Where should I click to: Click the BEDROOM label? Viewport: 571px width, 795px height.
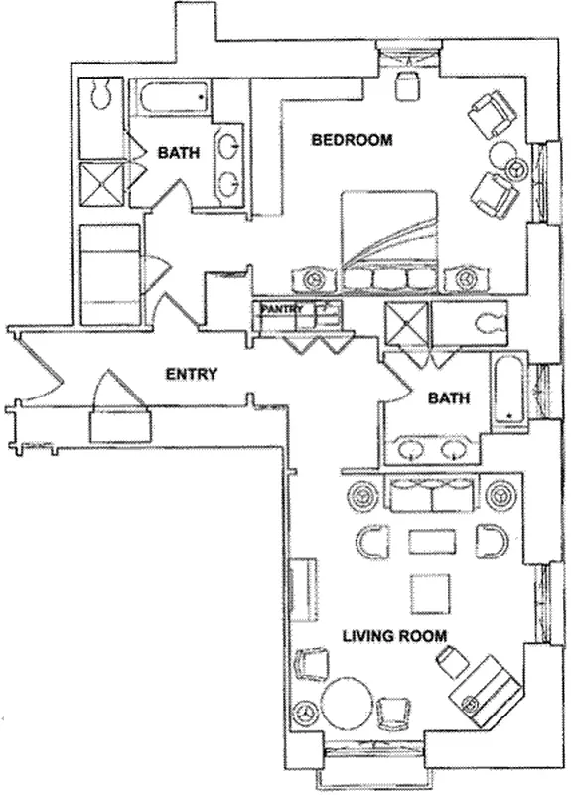pos(352,140)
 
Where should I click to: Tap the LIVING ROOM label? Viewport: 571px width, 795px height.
pos(394,635)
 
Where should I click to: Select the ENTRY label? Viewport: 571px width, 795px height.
pos(191,374)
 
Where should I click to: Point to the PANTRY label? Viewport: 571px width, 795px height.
pos(281,310)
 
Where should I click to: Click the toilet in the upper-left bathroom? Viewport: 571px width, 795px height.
pos(98,95)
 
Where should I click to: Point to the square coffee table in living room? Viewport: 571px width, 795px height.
pos(429,593)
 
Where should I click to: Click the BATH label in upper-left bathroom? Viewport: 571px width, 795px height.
pos(178,153)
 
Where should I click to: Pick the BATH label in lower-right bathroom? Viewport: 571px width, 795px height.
pos(448,398)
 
